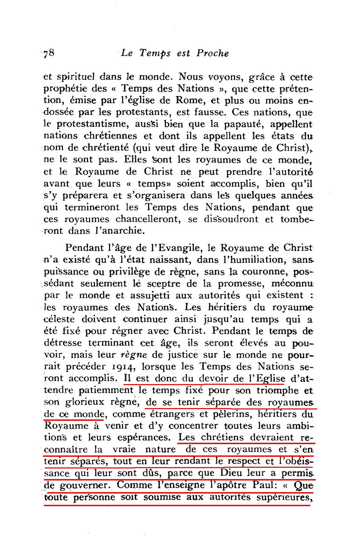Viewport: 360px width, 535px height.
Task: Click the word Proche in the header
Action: pos(212,53)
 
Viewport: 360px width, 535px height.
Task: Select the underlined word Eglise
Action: pos(271,379)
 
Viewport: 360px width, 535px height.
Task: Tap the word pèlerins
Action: pos(224,414)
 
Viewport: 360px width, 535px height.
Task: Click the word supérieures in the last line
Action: pos(285,497)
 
